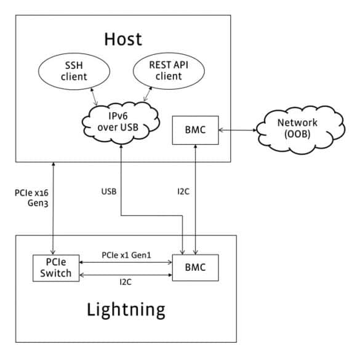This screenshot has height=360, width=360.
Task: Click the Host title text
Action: pos(123,39)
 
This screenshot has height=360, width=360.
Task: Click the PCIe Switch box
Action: pos(56,268)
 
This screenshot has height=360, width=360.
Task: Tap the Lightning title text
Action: pos(126,310)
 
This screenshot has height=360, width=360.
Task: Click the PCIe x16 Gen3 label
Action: pos(31,198)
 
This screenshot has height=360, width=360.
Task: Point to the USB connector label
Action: pos(109,191)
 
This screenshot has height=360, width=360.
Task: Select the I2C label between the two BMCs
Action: pos(183,191)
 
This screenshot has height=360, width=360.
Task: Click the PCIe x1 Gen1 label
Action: pos(127,255)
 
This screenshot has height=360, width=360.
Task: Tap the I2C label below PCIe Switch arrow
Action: pos(126,282)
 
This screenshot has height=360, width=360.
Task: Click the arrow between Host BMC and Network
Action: pos(238,130)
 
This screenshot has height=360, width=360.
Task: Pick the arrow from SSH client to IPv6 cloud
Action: pos(94,97)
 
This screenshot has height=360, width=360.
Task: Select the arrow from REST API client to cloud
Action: pos(148,94)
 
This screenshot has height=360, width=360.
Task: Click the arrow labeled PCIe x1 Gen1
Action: pos(126,262)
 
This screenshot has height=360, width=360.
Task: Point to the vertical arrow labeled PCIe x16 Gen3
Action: pos(54,208)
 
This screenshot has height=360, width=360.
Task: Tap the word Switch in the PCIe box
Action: pos(56,273)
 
